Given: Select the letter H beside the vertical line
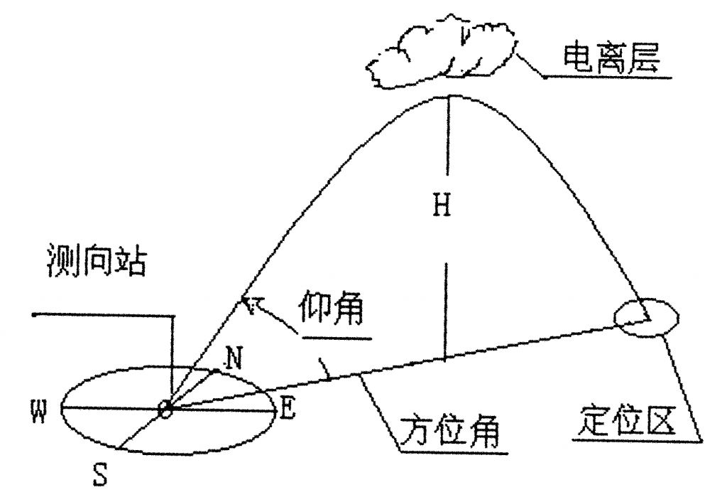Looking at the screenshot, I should point(443,206).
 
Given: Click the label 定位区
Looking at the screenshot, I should point(625,422).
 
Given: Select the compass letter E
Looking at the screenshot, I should point(286,407).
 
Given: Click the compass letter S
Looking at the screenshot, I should point(100,474).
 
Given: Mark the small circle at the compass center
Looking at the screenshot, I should point(165,410).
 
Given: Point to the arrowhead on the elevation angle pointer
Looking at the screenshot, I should point(248,304).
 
